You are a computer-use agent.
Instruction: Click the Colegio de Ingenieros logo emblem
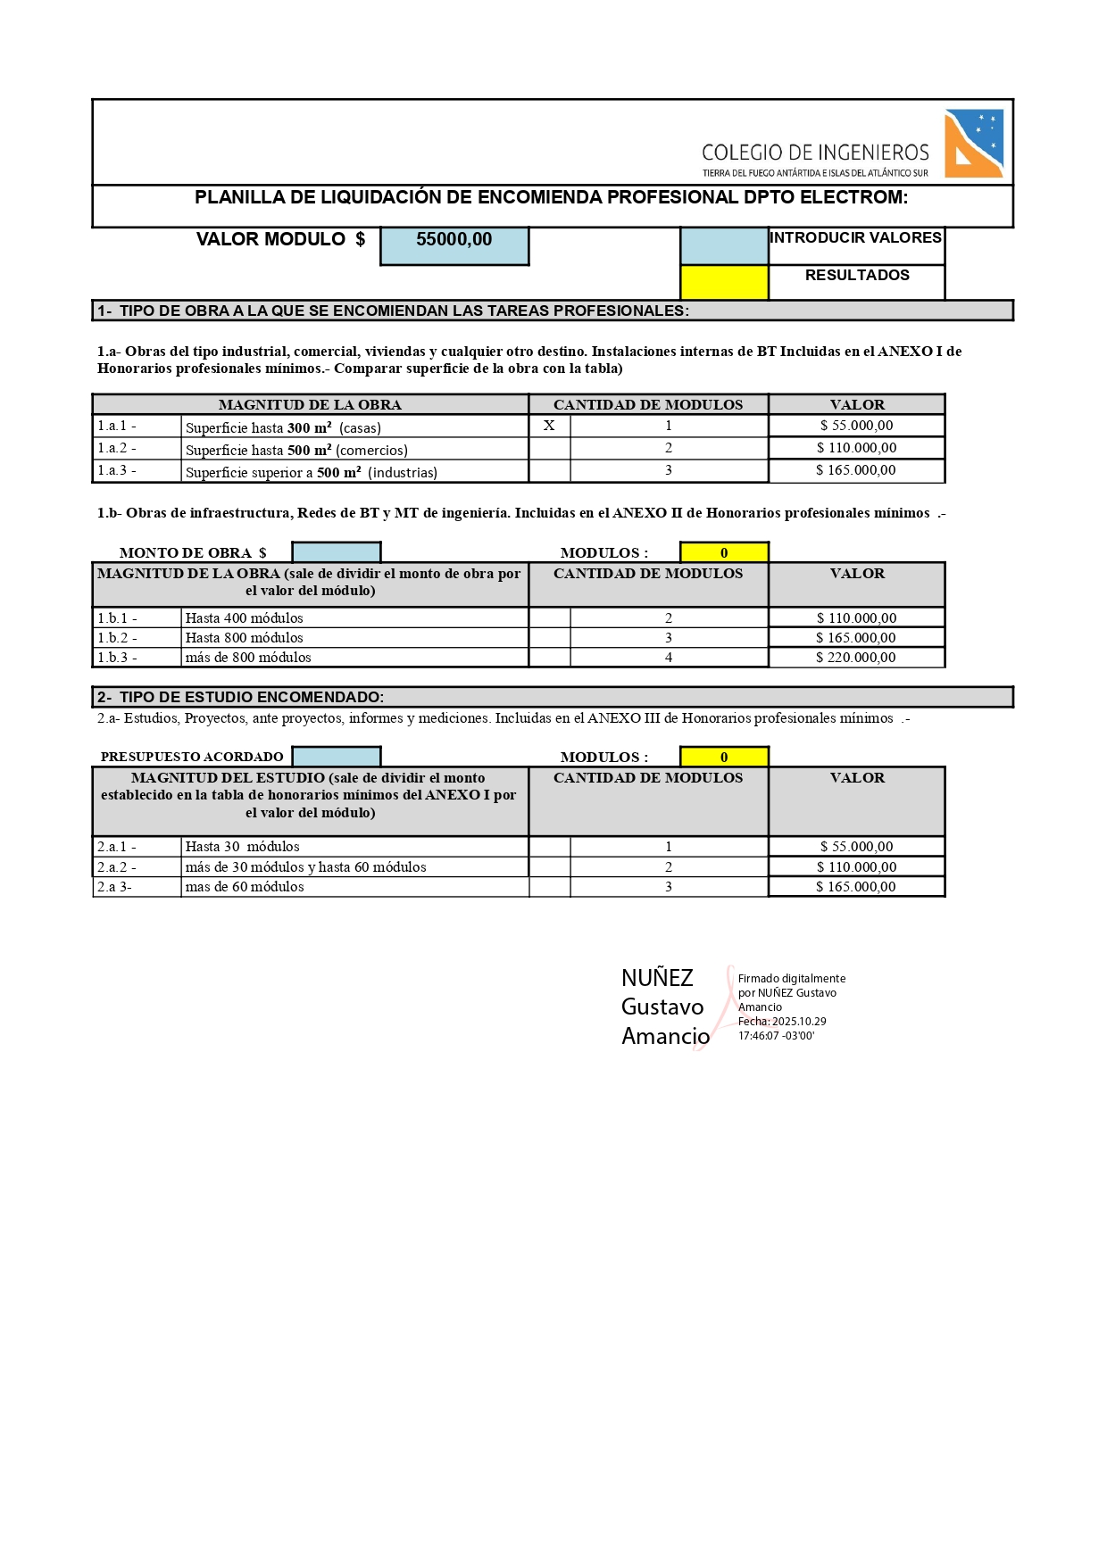point(974,143)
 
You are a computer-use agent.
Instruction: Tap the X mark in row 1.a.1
point(549,426)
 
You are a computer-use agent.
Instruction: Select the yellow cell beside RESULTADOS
point(724,282)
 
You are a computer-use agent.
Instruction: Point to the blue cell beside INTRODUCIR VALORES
point(724,245)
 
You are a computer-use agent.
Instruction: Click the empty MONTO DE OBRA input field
point(337,552)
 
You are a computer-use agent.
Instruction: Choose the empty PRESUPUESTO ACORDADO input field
point(337,757)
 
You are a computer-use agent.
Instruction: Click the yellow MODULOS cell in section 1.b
point(724,552)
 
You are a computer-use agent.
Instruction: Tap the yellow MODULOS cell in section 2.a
point(724,757)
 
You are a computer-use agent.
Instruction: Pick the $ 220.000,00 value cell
point(856,658)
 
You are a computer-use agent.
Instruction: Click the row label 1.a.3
point(117,470)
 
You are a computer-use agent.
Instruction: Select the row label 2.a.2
point(117,866)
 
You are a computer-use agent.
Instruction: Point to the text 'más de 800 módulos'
point(248,658)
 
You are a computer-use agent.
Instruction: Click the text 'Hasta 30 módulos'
point(242,847)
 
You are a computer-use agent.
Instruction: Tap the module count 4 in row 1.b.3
point(669,658)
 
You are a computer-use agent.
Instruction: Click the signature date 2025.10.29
point(799,1022)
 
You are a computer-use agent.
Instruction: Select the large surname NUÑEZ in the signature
point(657,978)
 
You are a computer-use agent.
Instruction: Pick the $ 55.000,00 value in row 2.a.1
point(856,847)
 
